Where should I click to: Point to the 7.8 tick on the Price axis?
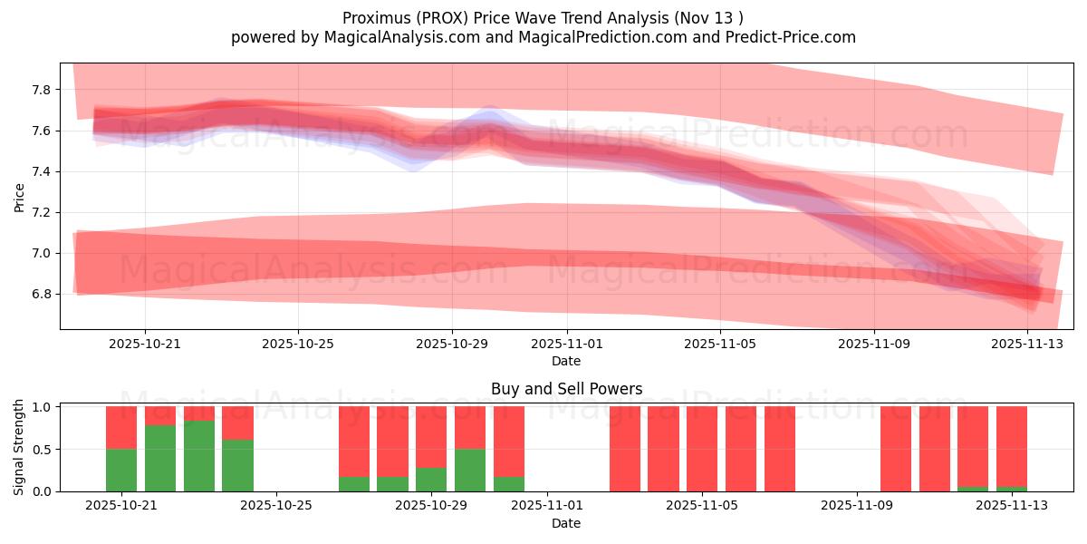click(x=42, y=90)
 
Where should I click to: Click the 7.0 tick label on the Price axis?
click(x=42, y=253)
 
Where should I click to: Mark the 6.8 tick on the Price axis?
click(x=42, y=294)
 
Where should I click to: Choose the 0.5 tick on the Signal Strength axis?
click(x=42, y=450)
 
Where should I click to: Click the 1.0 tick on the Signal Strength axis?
click(x=42, y=407)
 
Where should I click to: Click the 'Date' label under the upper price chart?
click(x=566, y=361)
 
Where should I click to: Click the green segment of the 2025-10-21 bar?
click(x=121, y=470)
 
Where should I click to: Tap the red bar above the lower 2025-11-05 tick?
click(x=702, y=449)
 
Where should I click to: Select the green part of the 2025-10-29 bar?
click(x=431, y=479)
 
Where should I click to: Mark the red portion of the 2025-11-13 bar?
click(x=1012, y=444)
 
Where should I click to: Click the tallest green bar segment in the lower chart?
click(x=199, y=455)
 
